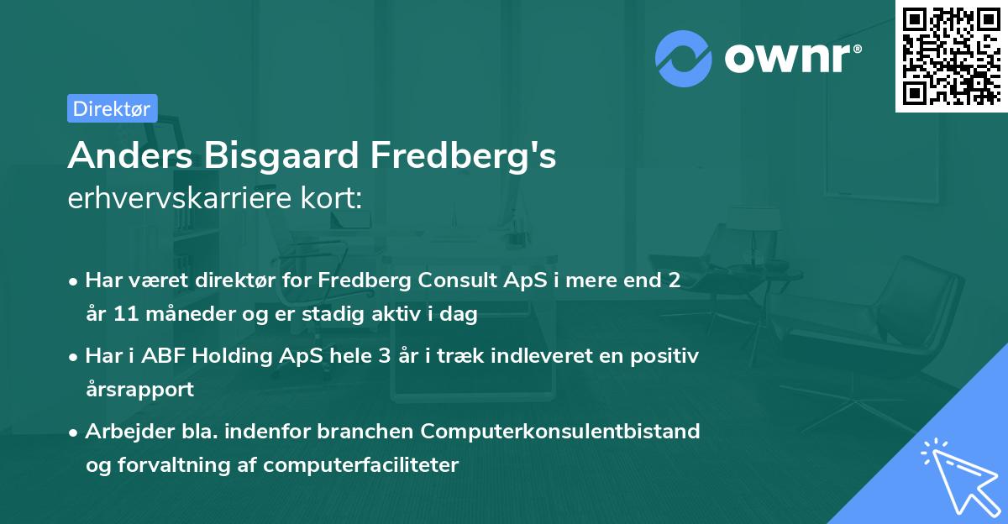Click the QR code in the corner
952,55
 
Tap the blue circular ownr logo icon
683,58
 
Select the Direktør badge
112,108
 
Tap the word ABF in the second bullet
160,356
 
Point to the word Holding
231,356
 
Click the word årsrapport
139,390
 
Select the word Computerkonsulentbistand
560,431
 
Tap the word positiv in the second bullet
667,356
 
